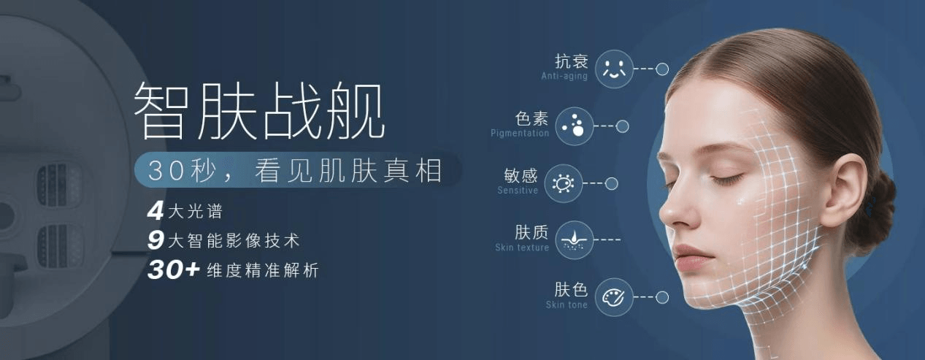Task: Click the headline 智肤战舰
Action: (259, 111)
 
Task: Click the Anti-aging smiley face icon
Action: (614, 69)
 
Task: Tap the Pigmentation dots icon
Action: (574, 126)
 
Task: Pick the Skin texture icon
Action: (574, 240)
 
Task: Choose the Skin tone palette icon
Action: (614, 297)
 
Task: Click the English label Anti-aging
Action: (564, 77)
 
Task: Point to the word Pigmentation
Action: (520, 134)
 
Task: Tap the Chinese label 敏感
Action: (521, 176)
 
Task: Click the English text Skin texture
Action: (522, 248)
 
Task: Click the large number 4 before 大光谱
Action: (155, 212)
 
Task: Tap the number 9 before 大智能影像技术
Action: (155, 240)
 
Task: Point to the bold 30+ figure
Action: (173, 269)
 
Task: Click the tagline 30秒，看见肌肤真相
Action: (296, 171)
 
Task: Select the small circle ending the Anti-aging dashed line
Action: (662, 69)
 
